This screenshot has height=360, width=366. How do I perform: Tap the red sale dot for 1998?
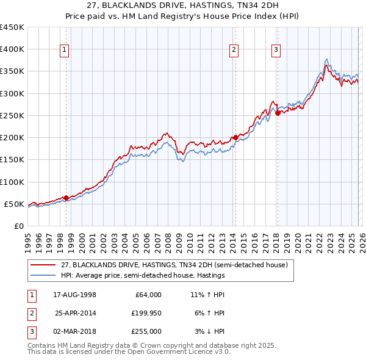tap(66, 198)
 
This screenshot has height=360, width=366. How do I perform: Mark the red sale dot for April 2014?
tap(235, 138)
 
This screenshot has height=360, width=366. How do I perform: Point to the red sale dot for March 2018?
tap(277, 113)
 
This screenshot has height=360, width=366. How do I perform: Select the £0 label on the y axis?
tap(18, 226)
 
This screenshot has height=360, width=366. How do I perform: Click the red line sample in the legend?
tap(43, 265)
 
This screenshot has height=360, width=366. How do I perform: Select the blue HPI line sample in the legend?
tap(43, 276)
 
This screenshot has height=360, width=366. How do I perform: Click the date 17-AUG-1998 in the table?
tap(75, 295)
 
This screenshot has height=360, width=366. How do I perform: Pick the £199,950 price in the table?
tap(146, 313)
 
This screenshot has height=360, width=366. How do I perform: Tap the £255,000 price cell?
tap(146, 331)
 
